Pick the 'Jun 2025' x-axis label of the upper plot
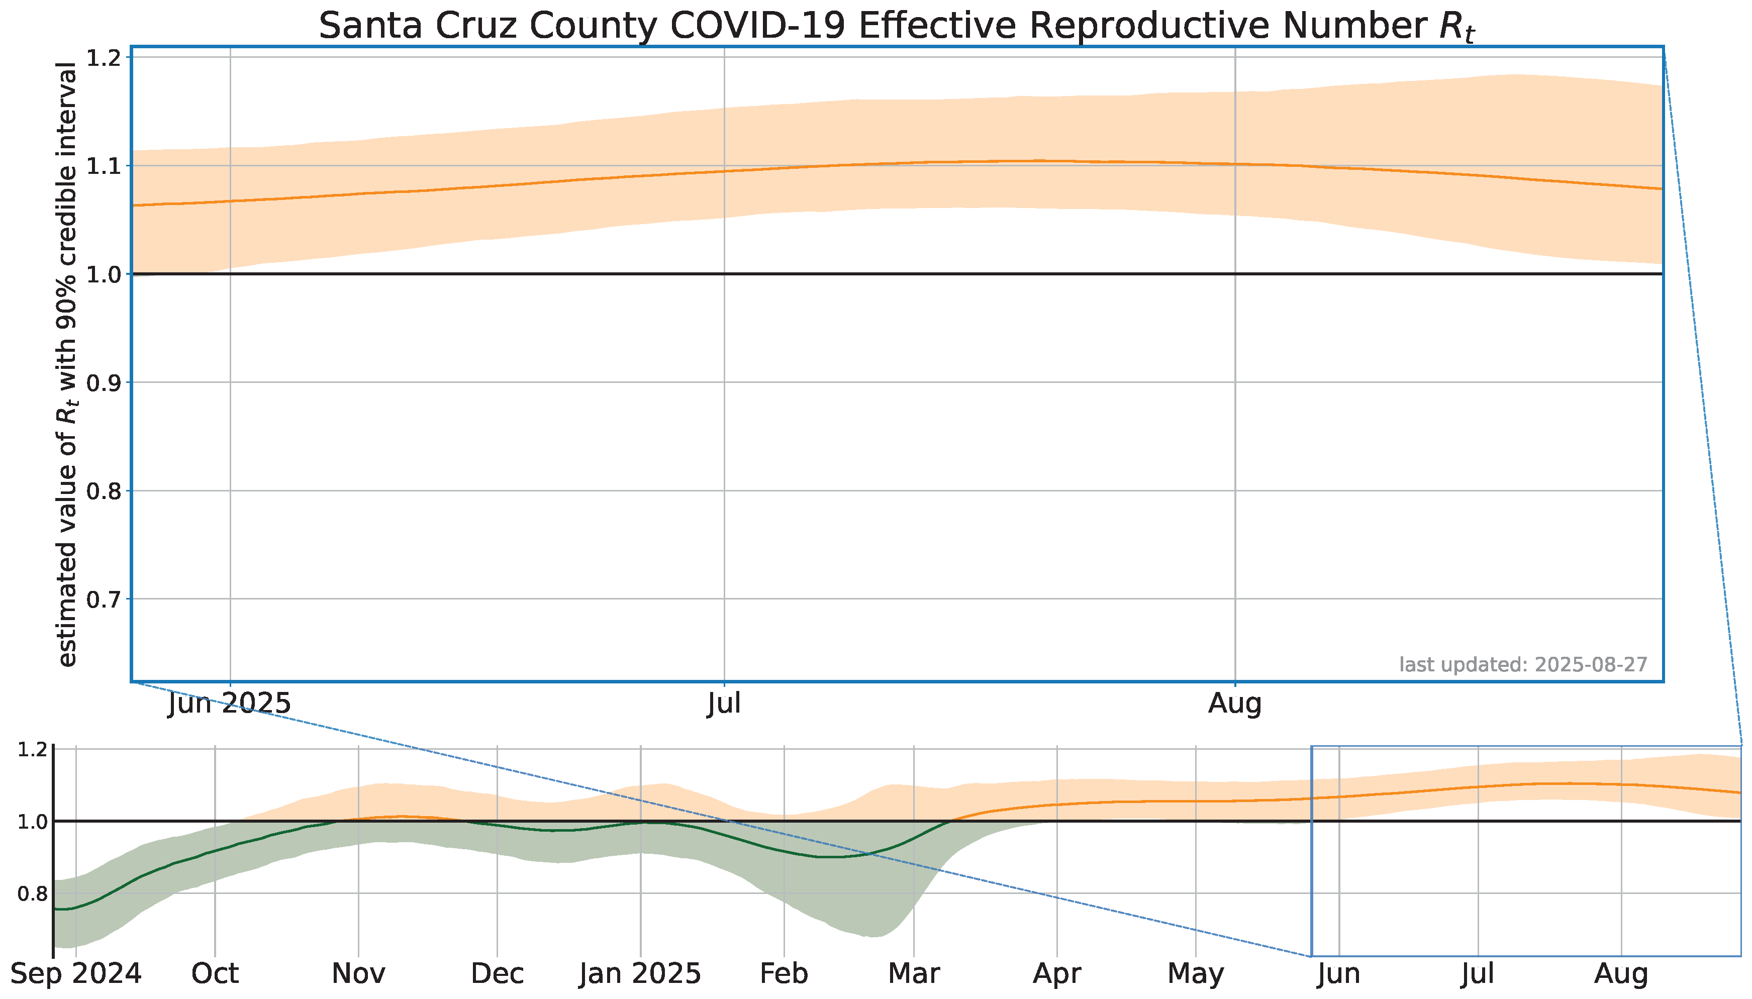[230, 704]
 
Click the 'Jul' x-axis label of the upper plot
[724, 704]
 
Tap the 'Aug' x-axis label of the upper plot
[1235, 704]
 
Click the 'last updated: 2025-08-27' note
[1523, 664]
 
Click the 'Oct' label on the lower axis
[215, 973]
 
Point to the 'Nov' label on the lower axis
[358, 973]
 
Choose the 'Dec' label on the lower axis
[498, 973]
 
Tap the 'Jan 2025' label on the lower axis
[640, 973]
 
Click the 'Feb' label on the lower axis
[784, 973]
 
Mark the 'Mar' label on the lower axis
[914, 973]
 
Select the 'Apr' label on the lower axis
[1057, 973]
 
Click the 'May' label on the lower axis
[1196, 973]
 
